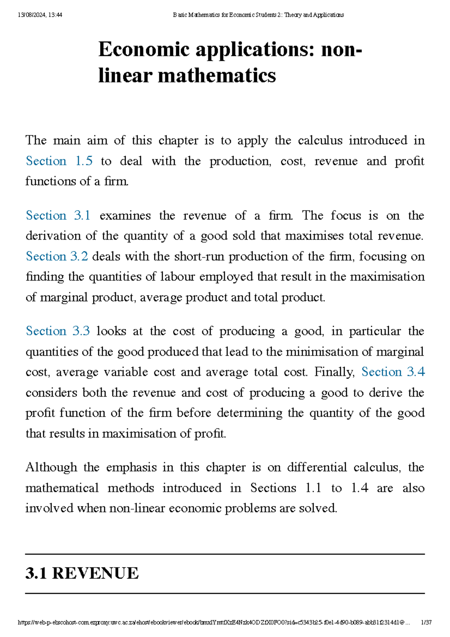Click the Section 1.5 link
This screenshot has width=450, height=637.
(x=59, y=161)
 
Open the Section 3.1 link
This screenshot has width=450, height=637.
(x=58, y=215)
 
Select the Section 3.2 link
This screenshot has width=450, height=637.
(x=57, y=256)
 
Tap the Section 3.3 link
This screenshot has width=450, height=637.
(x=58, y=331)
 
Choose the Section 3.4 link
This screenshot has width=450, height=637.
(x=393, y=372)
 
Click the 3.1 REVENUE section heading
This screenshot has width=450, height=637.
(x=82, y=573)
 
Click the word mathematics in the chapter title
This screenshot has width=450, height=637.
(x=217, y=75)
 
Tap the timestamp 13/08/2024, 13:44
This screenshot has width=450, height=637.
(x=40, y=15)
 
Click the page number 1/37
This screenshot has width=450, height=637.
(x=426, y=622)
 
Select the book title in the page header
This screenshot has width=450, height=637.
(x=258, y=15)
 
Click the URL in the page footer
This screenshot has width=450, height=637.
(x=214, y=622)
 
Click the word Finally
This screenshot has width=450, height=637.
(x=334, y=372)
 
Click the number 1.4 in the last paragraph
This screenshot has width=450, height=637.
(x=360, y=488)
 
